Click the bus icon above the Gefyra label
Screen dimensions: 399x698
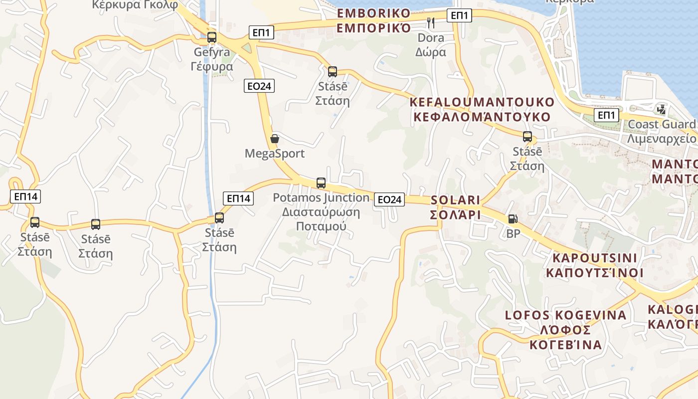coord(212,37)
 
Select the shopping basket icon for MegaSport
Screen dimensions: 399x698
coord(274,139)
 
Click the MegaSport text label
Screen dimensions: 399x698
coord(274,153)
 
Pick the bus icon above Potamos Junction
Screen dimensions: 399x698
coord(321,183)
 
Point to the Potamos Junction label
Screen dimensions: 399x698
coord(321,211)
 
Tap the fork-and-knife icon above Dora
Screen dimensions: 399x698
coord(431,22)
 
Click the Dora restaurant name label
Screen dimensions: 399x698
coord(431,44)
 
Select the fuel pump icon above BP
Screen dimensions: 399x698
coord(513,219)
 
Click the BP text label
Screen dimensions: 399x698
coord(513,233)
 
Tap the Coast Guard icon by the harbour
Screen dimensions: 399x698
coord(662,109)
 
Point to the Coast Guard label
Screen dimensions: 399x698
coord(662,131)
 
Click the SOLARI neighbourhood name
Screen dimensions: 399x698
coord(455,207)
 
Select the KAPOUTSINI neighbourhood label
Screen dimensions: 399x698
coord(594,265)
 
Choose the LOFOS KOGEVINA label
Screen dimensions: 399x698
coord(566,330)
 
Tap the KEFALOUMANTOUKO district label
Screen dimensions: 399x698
coord(482,110)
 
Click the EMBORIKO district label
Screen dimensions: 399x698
coord(374,20)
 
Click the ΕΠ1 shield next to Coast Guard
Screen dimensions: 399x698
coord(606,116)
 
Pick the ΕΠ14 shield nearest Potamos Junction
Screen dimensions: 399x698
coord(238,199)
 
